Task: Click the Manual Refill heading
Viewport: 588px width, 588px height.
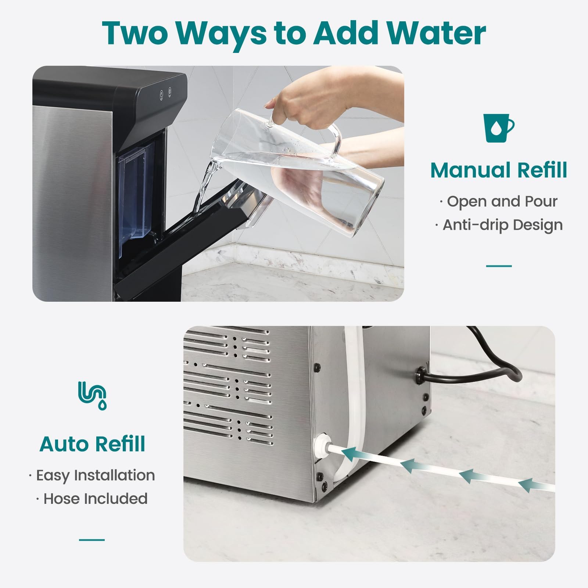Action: coord(499,170)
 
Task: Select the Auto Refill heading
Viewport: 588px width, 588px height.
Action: coord(92,444)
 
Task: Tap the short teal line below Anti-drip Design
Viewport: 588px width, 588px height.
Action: coord(499,266)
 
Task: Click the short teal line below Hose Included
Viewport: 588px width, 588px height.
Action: coord(92,540)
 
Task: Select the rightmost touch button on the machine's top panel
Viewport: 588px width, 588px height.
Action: coord(170,93)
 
